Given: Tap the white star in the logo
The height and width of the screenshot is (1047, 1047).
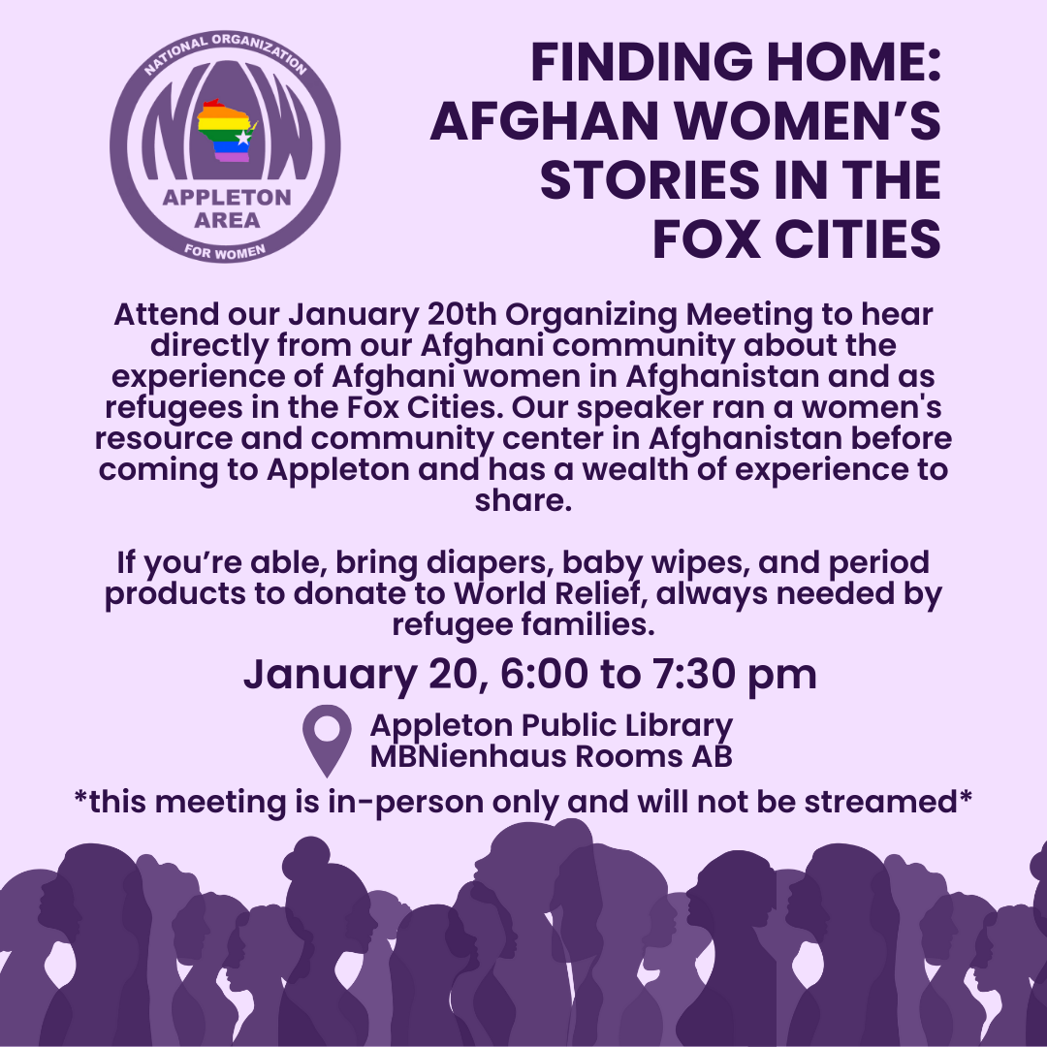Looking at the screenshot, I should pos(243,138).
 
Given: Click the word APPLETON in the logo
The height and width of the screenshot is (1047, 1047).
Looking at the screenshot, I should pos(226,198).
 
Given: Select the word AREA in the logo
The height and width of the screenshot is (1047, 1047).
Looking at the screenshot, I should pos(226,220).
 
